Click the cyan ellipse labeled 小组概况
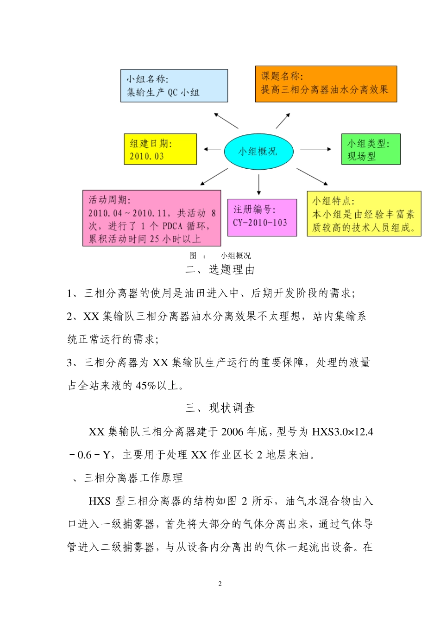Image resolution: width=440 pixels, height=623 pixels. (x=258, y=151)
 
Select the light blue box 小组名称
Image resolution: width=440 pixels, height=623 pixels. (x=174, y=86)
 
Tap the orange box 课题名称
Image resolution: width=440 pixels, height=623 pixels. (x=326, y=84)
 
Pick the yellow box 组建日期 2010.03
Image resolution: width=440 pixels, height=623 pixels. (x=160, y=149)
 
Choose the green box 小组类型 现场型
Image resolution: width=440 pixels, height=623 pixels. (x=371, y=149)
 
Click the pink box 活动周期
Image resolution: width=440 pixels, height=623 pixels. (x=151, y=218)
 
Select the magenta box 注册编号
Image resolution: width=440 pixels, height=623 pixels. (x=262, y=217)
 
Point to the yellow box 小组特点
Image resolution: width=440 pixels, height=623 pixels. (x=364, y=214)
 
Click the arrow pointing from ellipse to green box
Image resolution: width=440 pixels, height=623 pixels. (x=316, y=149)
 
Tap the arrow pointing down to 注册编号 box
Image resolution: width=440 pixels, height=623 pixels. (x=258, y=184)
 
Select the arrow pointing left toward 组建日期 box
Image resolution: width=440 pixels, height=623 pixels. (x=212, y=149)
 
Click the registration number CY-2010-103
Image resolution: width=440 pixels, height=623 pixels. (x=260, y=222)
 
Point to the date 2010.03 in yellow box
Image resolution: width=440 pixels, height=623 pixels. (x=146, y=156)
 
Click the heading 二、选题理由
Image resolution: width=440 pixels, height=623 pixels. (x=220, y=270)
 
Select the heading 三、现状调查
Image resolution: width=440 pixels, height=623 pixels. (x=220, y=408)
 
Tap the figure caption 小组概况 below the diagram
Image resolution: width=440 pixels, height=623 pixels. (x=236, y=255)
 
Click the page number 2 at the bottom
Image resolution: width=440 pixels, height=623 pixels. (x=220, y=584)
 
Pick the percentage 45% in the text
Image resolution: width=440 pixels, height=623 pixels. (x=145, y=386)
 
